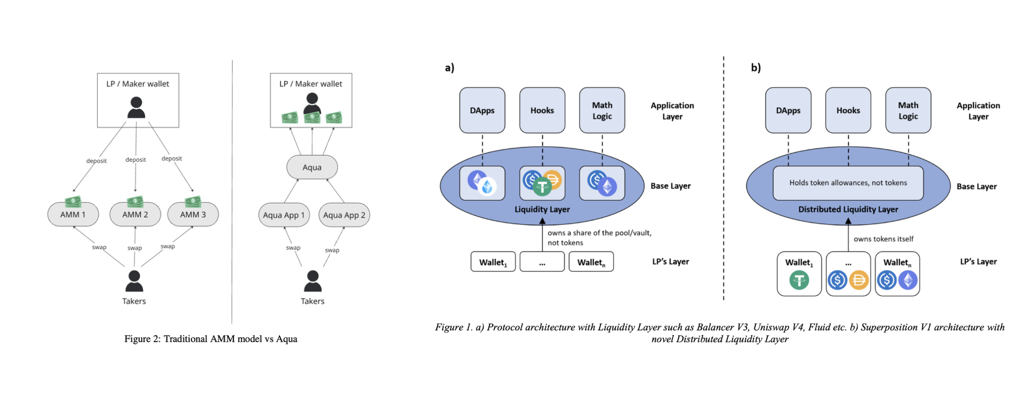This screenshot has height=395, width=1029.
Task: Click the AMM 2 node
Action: (x=135, y=215)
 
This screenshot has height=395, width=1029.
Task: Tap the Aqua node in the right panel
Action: (x=312, y=168)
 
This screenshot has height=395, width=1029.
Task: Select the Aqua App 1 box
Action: (x=284, y=215)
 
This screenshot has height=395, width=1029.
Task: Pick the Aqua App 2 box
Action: (x=344, y=215)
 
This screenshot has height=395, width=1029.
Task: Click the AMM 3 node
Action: (x=192, y=215)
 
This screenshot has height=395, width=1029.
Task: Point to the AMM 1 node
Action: (x=73, y=215)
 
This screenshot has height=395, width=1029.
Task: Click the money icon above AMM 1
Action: (x=73, y=202)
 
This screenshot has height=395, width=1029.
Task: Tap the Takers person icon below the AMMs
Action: (x=134, y=281)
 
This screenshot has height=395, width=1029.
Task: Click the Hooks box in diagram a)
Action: (x=542, y=110)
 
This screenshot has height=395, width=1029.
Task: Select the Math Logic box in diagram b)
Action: (x=908, y=110)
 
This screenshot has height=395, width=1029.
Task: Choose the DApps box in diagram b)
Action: (x=788, y=110)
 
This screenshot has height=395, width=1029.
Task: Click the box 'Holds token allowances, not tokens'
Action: (x=848, y=183)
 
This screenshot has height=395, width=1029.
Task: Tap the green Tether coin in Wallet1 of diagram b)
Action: (x=799, y=280)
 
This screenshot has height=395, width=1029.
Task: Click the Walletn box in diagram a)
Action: (x=591, y=262)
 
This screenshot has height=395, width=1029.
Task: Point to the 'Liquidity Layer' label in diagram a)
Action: (x=542, y=209)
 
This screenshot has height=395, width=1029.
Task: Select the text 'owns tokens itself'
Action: (x=883, y=239)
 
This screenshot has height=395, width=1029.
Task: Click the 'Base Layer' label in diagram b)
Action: (x=976, y=186)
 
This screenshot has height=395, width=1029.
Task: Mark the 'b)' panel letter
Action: (x=755, y=68)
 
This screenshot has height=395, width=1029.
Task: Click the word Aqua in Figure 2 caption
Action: (x=286, y=339)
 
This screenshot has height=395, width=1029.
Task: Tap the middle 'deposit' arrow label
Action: (x=135, y=160)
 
